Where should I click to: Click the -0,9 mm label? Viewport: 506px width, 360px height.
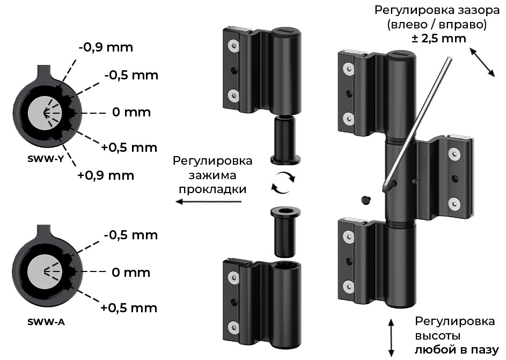(106, 47)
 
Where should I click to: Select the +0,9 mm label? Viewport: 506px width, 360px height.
(106, 175)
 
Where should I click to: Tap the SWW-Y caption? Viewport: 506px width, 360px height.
(46, 159)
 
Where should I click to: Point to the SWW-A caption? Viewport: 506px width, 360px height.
(46, 321)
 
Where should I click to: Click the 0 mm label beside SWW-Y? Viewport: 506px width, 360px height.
(131, 112)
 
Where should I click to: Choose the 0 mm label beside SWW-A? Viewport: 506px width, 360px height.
(131, 273)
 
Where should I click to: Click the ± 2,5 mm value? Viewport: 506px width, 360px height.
(439, 39)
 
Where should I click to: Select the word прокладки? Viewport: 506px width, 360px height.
(212, 189)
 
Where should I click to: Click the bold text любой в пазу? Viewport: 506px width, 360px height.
(457, 350)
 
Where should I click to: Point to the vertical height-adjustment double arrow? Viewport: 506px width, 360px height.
(391, 338)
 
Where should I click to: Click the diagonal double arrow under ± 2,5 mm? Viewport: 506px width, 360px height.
(482, 62)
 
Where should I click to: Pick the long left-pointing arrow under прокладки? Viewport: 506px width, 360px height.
(209, 202)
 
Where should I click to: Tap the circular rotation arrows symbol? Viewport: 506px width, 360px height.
(283, 182)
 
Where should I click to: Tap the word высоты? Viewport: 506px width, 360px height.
(438, 335)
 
